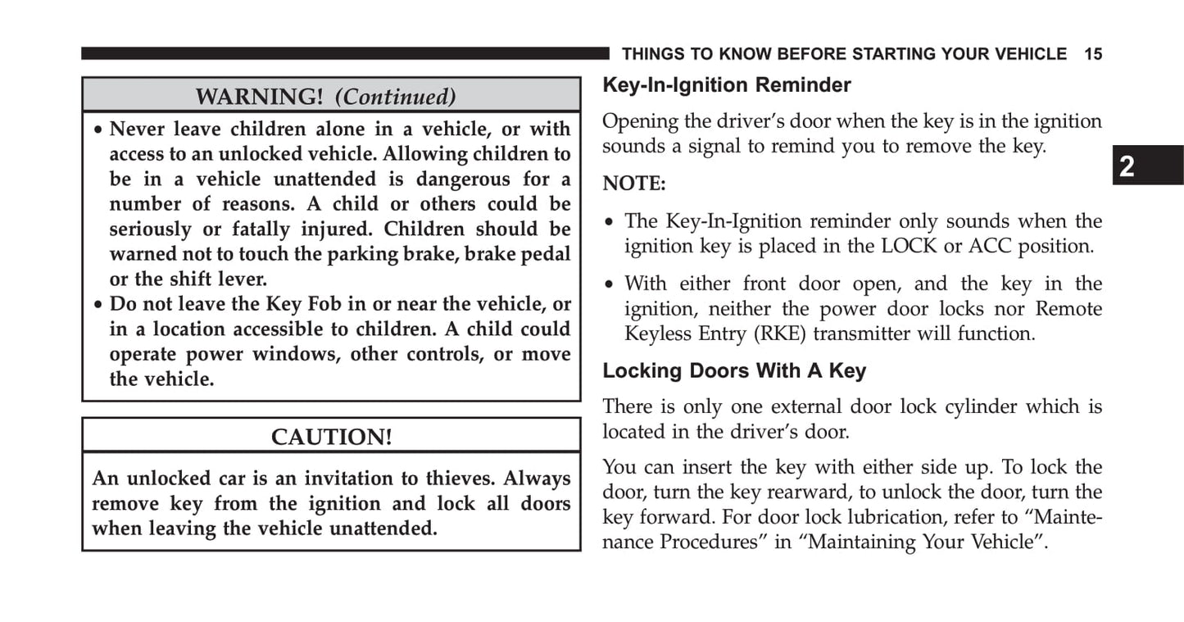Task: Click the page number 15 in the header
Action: [1093, 54]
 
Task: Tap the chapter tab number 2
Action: [1127, 166]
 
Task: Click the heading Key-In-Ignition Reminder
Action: [727, 85]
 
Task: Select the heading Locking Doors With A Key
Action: [734, 371]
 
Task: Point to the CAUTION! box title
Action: [331, 438]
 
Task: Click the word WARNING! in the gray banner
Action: [259, 97]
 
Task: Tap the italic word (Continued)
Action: [395, 97]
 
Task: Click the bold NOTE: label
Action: [634, 184]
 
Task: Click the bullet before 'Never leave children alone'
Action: [98, 130]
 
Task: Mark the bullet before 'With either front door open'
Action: [609, 285]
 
